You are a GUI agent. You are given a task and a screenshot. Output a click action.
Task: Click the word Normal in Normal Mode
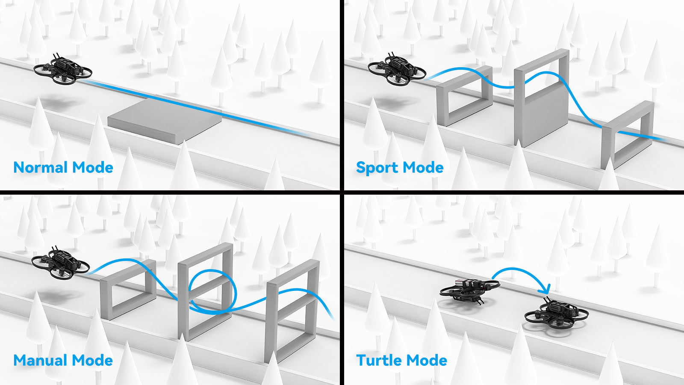click(x=41, y=167)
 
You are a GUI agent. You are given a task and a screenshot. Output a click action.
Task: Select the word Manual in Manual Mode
click(x=41, y=360)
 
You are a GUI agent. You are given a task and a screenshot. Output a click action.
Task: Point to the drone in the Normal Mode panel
click(x=63, y=69)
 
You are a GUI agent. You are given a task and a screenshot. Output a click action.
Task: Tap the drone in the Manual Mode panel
click(x=60, y=263)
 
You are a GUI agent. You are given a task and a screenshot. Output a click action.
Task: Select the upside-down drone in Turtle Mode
click(x=469, y=290)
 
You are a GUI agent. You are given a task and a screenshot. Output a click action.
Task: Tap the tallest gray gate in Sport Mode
click(x=541, y=98)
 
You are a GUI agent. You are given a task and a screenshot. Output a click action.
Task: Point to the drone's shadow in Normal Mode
click(x=58, y=103)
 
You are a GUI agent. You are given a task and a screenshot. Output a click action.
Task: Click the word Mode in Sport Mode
click(x=423, y=167)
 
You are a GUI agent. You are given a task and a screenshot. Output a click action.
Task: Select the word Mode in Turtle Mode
click(x=427, y=360)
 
